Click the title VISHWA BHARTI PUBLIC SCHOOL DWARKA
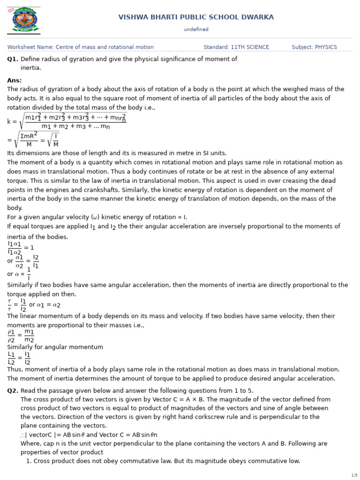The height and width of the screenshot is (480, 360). [x=196, y=17]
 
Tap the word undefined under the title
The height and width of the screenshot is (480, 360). [x=196, y=30]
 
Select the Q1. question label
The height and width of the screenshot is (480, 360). [x=13, y=59]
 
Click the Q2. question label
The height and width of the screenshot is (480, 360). [x=13, y=390]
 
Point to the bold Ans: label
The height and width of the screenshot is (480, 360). [x=15, y=81]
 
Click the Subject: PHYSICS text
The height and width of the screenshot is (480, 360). [x=314, y=47]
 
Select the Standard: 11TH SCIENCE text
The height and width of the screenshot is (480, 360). [x=236, y=47]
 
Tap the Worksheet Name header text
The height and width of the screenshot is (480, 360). [x=80, y=47]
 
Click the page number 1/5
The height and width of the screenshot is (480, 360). [x=354, y=475]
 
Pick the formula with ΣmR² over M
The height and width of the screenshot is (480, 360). [x=33, y=140]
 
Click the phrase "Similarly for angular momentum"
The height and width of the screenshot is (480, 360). [x=55, y=347]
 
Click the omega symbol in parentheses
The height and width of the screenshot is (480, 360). [x=96, y=217]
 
